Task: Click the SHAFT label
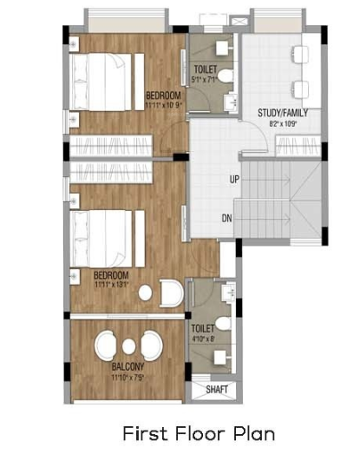[217, 390]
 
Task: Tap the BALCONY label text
[128, 367]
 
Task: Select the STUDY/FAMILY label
[283, 113]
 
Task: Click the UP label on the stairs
[234, 180]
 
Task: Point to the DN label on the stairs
[226, 218]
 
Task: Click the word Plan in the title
[252, 432]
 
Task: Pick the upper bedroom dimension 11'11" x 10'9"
[162, 104]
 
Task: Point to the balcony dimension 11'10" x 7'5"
[128, 377]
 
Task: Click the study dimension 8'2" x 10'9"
[283, 124]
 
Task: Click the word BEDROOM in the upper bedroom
[162, 95]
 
